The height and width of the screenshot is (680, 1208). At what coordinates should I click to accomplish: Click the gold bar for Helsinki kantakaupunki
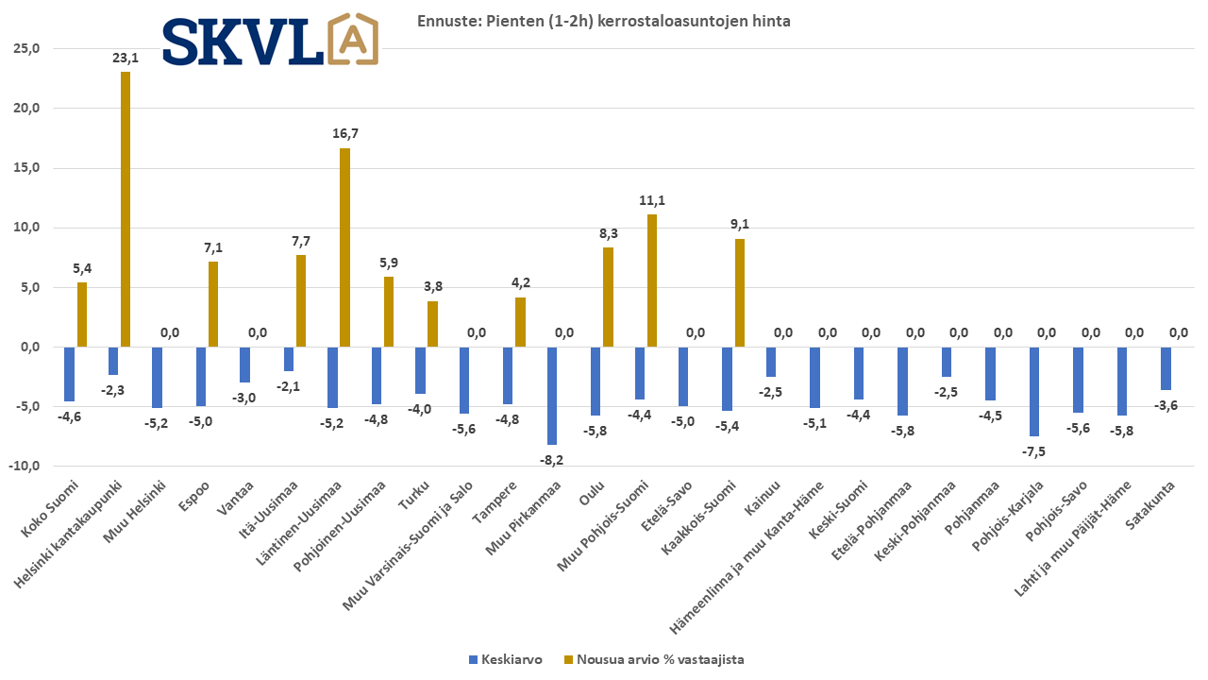tap(126, 209)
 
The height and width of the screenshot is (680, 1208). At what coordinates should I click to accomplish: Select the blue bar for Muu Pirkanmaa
tap(552, 396)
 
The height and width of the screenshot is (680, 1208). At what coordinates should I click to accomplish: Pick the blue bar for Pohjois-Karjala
tap(1034, 391)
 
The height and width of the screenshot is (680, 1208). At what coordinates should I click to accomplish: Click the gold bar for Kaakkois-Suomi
tap(740, 293)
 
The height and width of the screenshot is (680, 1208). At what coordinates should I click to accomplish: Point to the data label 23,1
tap(126, 57)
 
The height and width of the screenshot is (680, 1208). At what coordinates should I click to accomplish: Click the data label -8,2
tap(550, 459)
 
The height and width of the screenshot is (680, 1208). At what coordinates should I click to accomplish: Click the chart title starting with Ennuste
tap(604, 21)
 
